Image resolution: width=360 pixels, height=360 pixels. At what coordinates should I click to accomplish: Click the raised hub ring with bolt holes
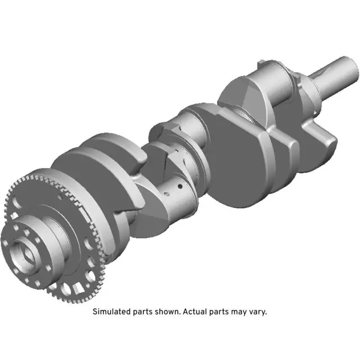click(42, 236)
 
